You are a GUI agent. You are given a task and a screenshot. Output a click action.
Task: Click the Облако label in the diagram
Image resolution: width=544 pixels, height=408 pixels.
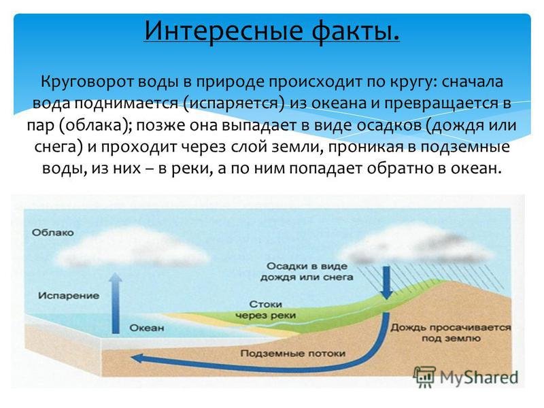click(53, 233)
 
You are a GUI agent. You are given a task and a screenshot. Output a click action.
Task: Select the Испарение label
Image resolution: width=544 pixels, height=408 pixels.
click(69, 296)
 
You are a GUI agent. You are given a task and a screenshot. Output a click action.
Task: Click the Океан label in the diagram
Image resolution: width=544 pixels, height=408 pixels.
click(146, 328)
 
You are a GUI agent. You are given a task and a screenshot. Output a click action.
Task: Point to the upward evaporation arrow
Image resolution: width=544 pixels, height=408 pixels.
click(116, 303)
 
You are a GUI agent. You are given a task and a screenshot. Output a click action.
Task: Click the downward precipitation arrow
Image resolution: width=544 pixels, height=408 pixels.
click(386, 283)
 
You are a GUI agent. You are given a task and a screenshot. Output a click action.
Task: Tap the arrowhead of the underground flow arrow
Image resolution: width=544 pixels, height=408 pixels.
click(137, 358)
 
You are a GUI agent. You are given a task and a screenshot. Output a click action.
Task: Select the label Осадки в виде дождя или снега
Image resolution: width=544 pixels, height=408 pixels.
click(307, 271)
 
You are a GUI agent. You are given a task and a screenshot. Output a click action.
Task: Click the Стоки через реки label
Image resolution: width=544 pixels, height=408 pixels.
click(265, 310)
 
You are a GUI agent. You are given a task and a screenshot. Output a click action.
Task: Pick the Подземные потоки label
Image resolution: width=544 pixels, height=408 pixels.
click(293, 354)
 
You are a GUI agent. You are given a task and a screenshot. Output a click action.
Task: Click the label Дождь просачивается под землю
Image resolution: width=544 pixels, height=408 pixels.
click(451, 333)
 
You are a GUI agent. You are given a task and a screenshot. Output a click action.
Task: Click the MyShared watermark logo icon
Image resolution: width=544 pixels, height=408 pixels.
click(424, 377)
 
